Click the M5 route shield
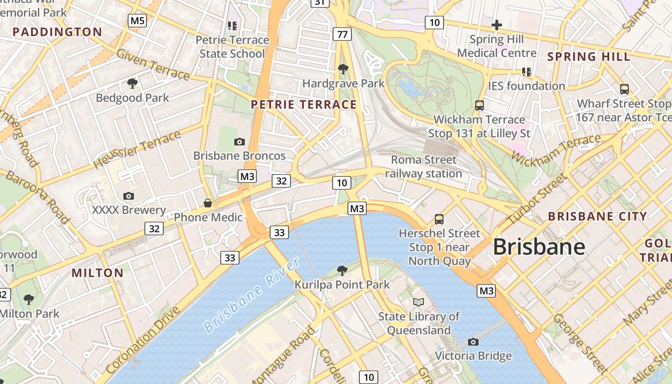coord(137,20)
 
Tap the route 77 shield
coord(342,34)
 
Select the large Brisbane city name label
coord(539,247)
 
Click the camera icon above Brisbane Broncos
coord(239,142)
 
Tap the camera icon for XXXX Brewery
coord(128,196)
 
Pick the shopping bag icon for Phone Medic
coord(208,203)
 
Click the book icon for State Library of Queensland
coord(419,302)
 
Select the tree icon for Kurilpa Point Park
coord(342,271)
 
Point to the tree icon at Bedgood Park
coord(132,84)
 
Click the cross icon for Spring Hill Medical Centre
coord(496,24)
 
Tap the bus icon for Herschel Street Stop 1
coord(439,219)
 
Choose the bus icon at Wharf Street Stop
coord(624,89)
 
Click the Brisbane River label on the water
coord(252,295)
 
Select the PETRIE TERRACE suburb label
coord(304,105)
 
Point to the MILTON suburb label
coord(97,273)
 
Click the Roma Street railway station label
coord(423,167)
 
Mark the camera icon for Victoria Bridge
coord(473,342)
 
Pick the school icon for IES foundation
coord(527,72)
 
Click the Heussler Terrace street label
coord(137,149)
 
